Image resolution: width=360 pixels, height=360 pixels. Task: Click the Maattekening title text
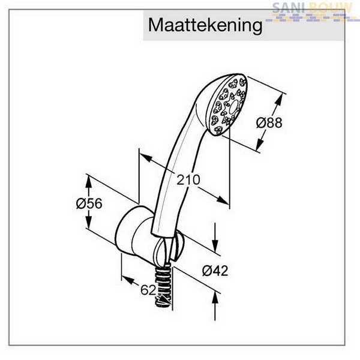205,26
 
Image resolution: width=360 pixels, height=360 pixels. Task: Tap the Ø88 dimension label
269,122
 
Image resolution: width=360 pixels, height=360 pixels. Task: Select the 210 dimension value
188,179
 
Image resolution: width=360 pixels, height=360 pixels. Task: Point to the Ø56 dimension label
89,203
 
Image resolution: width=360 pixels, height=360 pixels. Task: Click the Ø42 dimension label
215,271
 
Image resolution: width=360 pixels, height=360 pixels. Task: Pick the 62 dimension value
148,290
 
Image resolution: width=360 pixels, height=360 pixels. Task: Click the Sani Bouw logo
312,11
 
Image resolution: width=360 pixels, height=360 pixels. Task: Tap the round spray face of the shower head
229,105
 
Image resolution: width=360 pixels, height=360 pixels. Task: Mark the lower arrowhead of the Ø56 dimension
89,222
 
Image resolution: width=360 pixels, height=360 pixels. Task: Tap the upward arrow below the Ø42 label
215,306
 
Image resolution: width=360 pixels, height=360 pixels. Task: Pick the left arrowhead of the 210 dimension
146,158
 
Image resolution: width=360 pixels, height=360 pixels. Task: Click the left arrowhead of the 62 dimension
128,280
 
